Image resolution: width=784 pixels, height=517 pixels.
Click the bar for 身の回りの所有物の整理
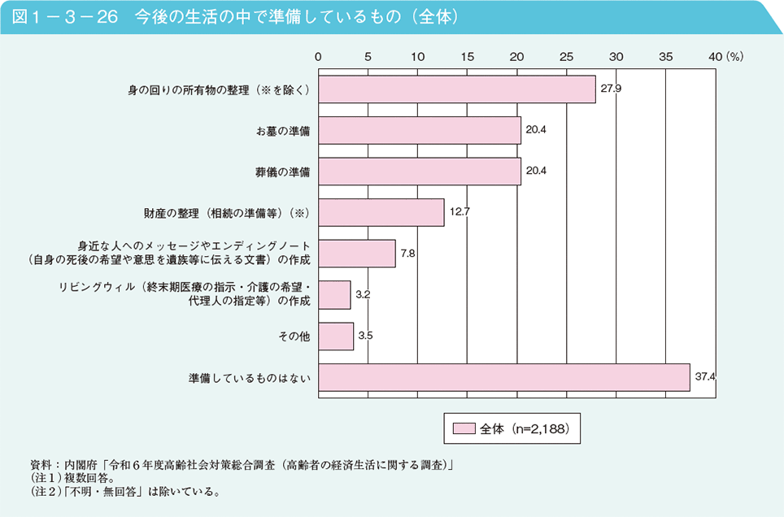(456, 89)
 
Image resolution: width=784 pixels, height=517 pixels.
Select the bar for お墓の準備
(419, 130)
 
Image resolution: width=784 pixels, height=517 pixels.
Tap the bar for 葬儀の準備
(419, 172)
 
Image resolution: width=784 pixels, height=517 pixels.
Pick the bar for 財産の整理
(381, 213)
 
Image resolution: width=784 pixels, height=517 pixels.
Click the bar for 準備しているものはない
(503, 378)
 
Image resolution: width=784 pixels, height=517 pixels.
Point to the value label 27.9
(611, 88)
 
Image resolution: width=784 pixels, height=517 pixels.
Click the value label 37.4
(704, 377)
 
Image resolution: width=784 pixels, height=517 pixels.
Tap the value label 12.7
(460, 211)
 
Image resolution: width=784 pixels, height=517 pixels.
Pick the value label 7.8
(408, 254)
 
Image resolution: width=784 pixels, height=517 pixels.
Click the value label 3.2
(363, 294)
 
